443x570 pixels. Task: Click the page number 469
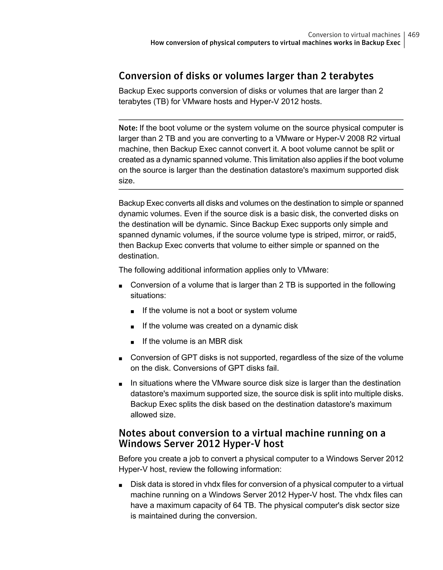pos(414,35)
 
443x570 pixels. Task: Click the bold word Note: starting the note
pos(128,128)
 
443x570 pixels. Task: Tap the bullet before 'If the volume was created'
pos(132,326)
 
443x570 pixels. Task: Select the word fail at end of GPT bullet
pos(273,368)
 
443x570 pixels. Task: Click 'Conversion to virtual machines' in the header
pos(354,35)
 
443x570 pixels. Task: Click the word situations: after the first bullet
pos(148,295)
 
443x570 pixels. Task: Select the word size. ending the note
pos(127,181)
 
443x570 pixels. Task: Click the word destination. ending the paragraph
pos(139,256)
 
